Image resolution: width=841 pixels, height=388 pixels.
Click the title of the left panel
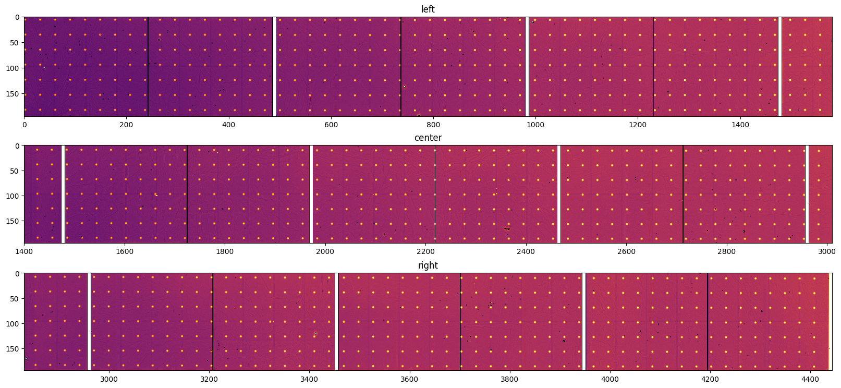428,9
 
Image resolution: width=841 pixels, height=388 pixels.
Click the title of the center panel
428,138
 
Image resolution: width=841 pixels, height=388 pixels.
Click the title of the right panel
428,265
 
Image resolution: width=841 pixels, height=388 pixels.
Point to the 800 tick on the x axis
433,125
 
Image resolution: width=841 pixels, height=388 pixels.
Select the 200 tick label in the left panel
126,125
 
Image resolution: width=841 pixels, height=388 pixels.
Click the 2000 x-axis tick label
325,251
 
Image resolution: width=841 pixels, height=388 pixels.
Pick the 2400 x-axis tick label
526,251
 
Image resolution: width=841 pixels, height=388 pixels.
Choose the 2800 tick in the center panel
727,251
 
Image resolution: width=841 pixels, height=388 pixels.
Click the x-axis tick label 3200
209,379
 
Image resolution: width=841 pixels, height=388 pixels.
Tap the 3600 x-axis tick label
409,379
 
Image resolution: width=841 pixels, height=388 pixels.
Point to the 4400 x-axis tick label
810,379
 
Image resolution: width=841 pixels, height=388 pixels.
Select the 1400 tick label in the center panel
24,251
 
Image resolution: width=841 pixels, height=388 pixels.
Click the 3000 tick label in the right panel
108,379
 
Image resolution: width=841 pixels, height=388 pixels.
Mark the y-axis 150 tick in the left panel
14,94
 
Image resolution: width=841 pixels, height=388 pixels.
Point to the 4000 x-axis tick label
610,379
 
